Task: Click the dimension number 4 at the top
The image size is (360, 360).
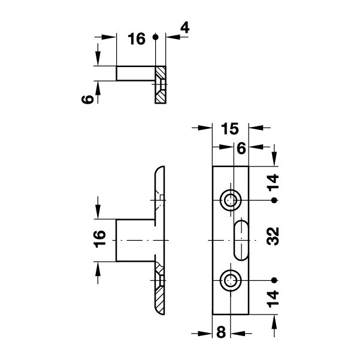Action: coord(185,28)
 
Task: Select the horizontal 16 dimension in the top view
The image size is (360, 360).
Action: coord(137,39)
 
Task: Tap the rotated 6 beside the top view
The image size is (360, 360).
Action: coord(87,99)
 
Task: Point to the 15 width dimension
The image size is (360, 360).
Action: coord(230,129)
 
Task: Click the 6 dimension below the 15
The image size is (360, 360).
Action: coord(241,149)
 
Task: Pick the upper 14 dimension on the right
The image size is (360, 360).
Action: coord(273,183)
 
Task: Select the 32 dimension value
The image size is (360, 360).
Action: coord(273,236)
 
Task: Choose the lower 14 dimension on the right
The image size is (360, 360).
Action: coord(273,299)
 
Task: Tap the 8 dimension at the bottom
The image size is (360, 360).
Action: coord(221,332)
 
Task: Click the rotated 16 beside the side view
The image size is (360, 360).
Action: coord(100,239)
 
